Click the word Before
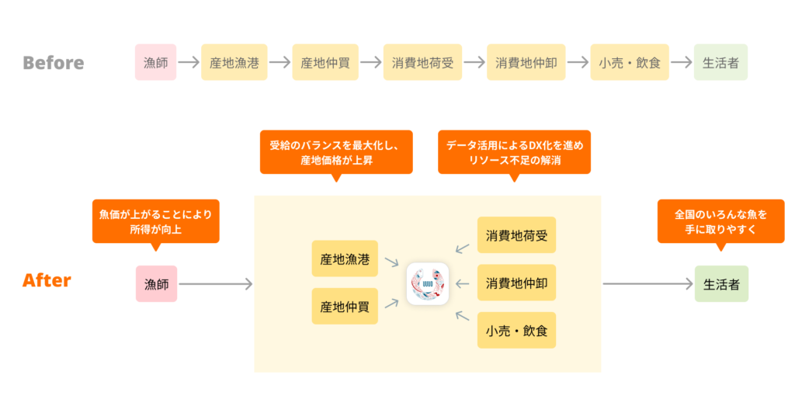click(x=53, y=62)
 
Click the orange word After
click(x=47, y=281)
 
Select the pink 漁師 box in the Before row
click(x=156, y=62)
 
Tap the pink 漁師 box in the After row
click(x=156, y=284)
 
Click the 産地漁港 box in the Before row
click(x=234, y=62)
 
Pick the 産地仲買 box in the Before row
click(x=325, y=62)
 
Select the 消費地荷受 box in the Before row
click(x=422, y=62)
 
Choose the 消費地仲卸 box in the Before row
click(x=526, y=62)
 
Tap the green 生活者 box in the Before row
click(x=720, y=62)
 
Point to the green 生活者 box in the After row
click(x=721, y=284)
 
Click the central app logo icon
click(x=428, y=283)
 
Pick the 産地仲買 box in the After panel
click(x=345, y=307)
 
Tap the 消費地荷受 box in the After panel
click(x=516, y=235)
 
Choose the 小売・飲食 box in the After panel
click(x=516, y=330)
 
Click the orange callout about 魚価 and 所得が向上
click(x=155, y=220)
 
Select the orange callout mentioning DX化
click(x=514, y=151)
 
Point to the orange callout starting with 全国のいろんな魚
click(x=720, y=220)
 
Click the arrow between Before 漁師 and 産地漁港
click(x=189, y=62)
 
